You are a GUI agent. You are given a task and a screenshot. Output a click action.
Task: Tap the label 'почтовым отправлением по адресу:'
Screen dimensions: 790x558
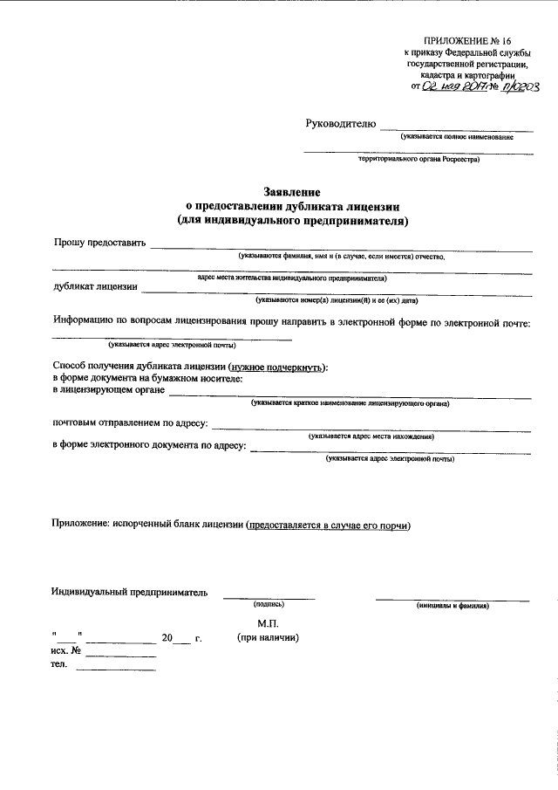[x=131, y=423]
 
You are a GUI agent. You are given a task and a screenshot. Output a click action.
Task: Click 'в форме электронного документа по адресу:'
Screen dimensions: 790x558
[x=149, y=446]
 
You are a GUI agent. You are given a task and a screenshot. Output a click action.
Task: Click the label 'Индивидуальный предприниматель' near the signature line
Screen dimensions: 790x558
[x=130, y=594]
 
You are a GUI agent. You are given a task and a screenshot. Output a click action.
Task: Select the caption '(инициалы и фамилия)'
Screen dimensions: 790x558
[x=453, y=604]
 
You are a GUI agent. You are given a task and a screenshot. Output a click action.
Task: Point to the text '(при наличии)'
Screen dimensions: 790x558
[x=268, y=638]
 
